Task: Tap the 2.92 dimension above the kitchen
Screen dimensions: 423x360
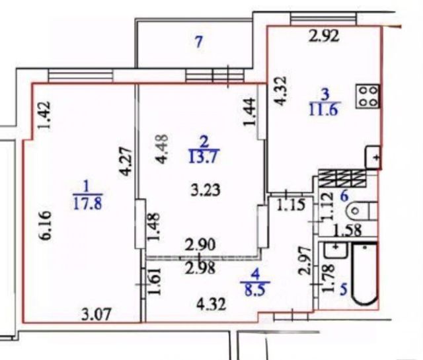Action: coord(325,37)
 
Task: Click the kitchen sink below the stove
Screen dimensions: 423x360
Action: coord(373,158)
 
